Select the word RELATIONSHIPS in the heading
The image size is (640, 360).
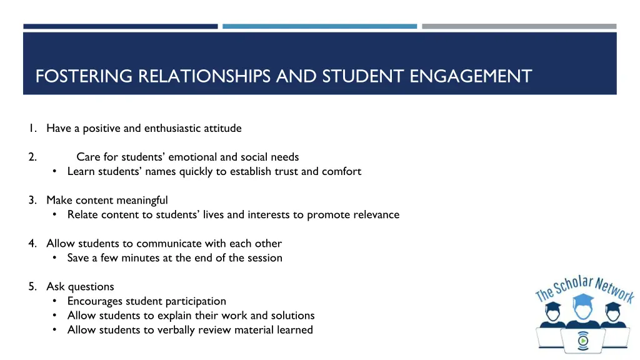pyautogui.click(x=204, y=76)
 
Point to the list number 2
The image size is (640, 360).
pyautogui.click(x=32, y=157)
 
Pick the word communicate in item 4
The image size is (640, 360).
pyautogui.click(x=168, y=244)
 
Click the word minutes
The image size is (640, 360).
pyautogui.click(x=130, y=258)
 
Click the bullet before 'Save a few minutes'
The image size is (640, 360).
pyautogui.click(x=55, y=258)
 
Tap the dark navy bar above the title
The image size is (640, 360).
pyautogui.click(x=121, y=26)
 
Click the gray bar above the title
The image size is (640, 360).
pyautogui.click(x=519, y=26)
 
